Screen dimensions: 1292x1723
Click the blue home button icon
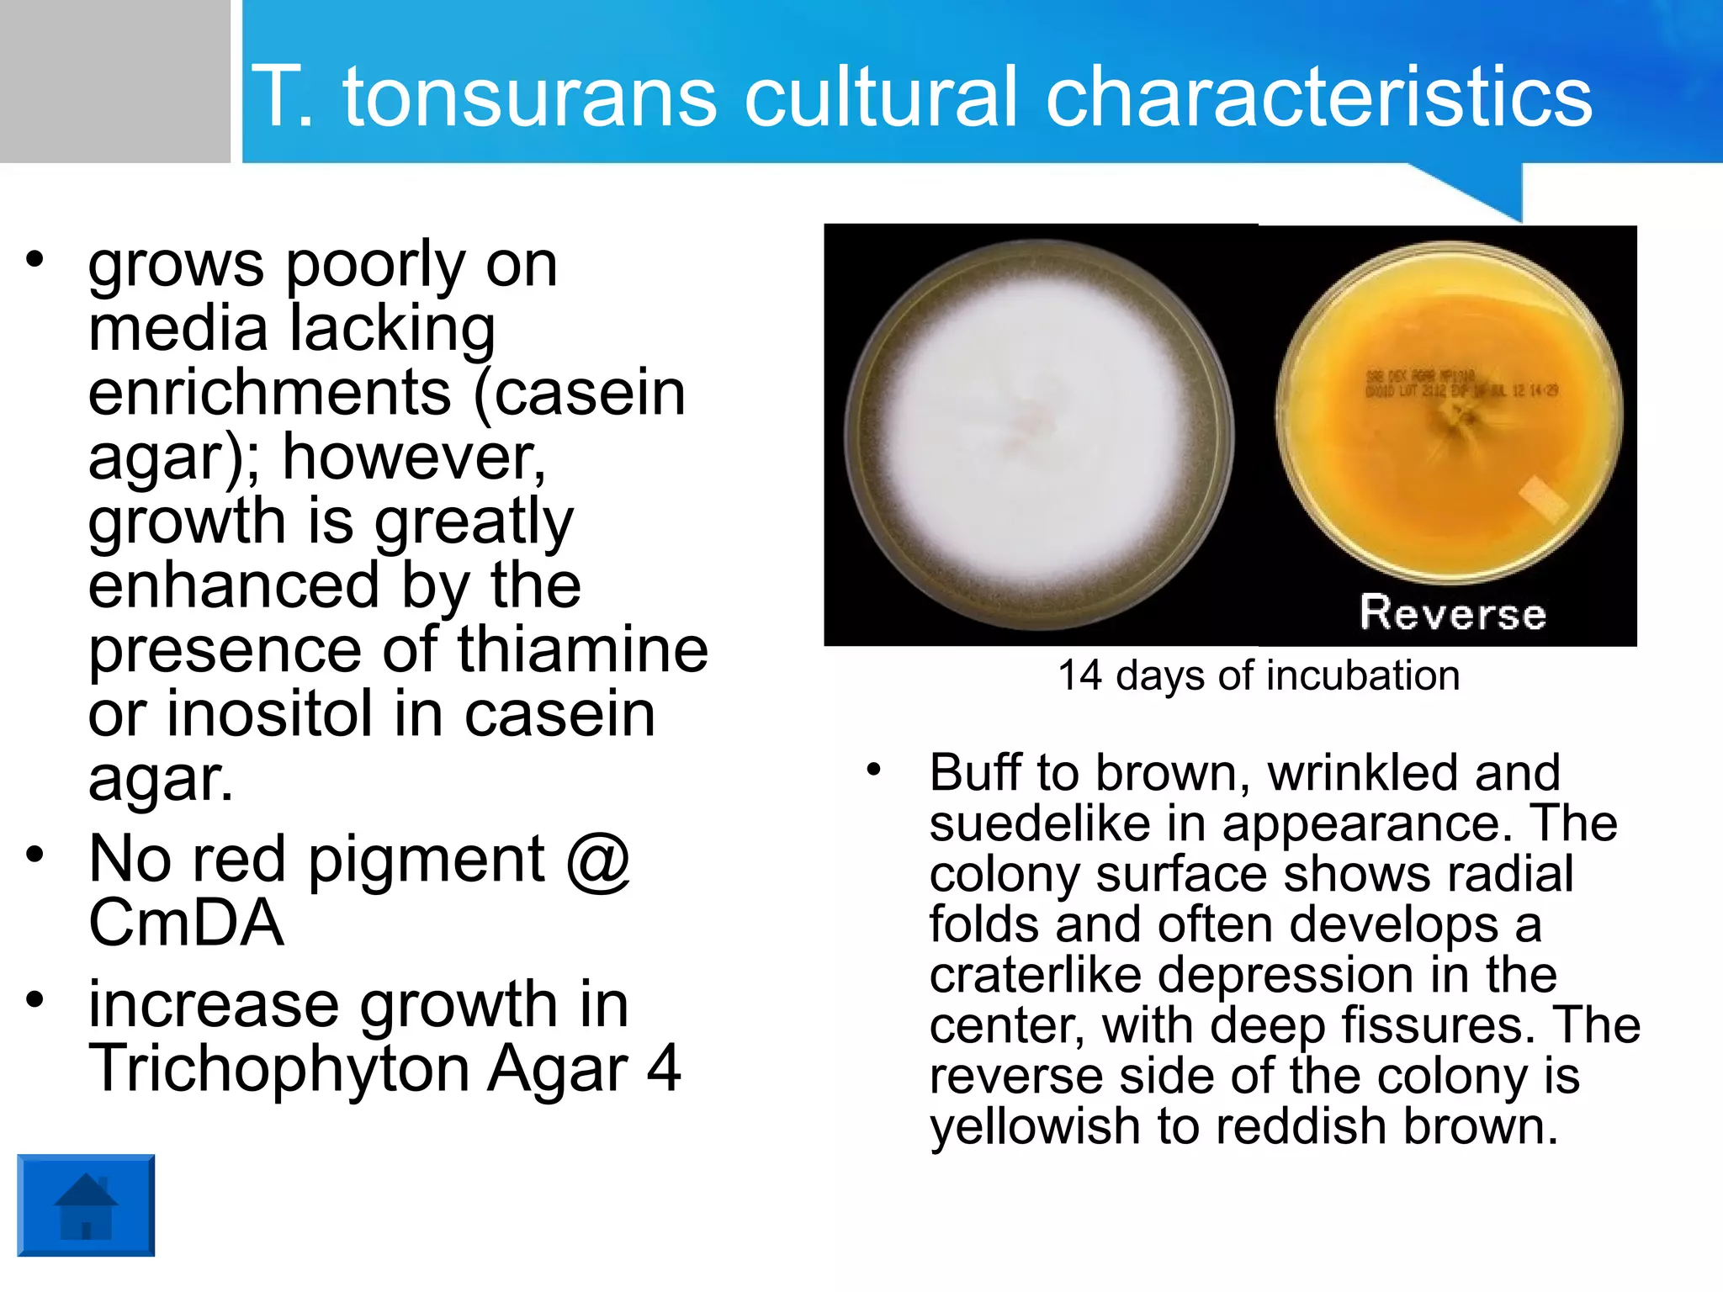coord(86,1205)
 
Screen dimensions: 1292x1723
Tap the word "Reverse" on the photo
coord(1453,612)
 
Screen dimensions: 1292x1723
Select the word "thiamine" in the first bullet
coord(583,649)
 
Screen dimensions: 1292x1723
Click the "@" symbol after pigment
coord(598,860)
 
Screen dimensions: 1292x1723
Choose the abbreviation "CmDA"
coord(186,923)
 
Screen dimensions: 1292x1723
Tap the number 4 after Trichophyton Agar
coord(664,1068)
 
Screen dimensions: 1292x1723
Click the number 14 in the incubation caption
coord(1079,675)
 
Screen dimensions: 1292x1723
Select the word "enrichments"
coord(270,393)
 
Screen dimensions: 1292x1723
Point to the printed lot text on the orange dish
coord(1461,384)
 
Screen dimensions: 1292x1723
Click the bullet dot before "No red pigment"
coord(34,855)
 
